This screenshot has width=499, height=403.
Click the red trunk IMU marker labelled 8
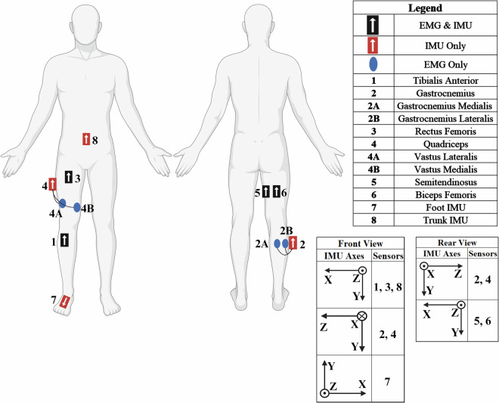87,139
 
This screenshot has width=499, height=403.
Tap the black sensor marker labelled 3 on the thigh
69,176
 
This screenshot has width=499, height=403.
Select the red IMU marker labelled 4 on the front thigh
53,184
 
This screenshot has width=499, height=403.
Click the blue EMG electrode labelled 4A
63,203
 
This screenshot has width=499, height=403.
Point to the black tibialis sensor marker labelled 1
64,240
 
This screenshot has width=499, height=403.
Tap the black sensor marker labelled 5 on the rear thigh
265,193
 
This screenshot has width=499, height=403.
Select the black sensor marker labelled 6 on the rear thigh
277,193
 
